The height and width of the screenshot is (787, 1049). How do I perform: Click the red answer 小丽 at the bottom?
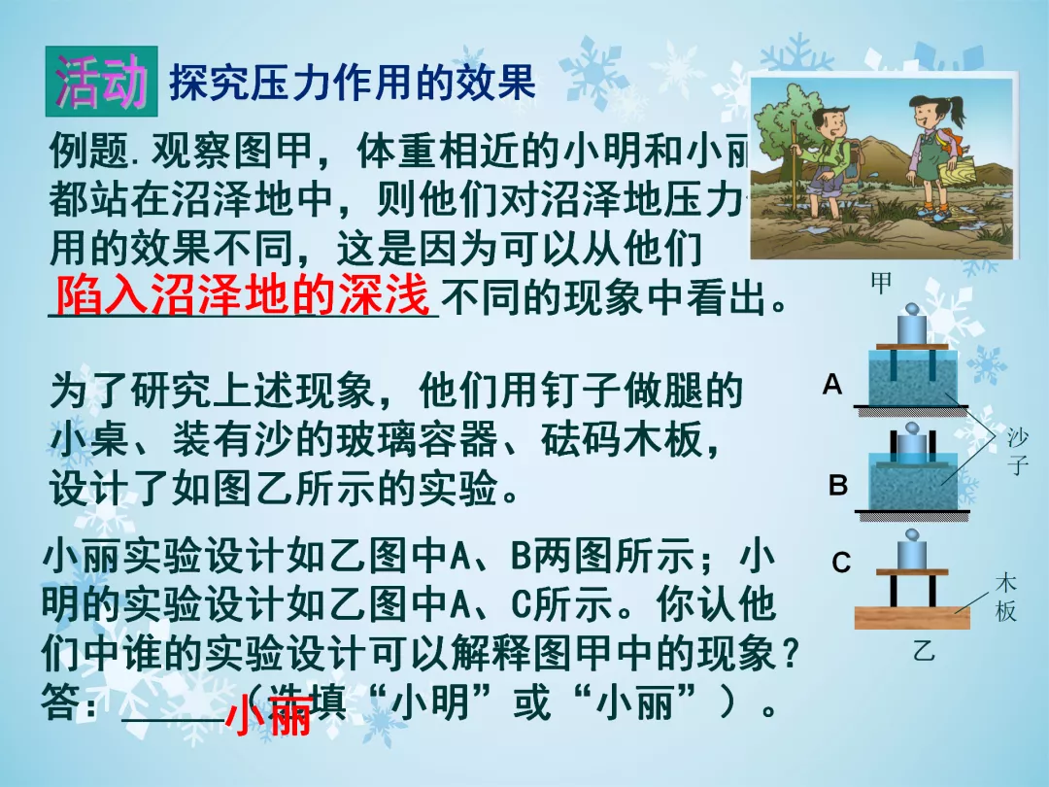(x=268, y=719)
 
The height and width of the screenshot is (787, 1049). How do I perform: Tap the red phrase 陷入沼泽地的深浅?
(x=242, y=295)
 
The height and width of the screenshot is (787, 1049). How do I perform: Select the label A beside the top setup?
(x=832, y=385)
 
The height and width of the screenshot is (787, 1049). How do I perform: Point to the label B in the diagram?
(x=838, y=485)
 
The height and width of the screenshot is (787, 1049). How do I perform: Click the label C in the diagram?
(x=841, y=563)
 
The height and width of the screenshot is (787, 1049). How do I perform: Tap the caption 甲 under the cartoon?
(x=881, y=284)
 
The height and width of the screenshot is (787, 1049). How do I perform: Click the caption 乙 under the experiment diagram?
(x=923, y=651)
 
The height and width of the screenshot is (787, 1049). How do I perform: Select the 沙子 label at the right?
(x=1018, y=452)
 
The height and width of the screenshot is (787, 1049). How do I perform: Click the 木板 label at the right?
(x=1006, y=598)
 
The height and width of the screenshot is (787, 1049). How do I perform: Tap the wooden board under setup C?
(x=911, y=617)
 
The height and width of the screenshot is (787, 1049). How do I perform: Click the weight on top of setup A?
(x=912, y=325)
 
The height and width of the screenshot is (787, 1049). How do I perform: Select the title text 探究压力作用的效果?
(x=353, y=83)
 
